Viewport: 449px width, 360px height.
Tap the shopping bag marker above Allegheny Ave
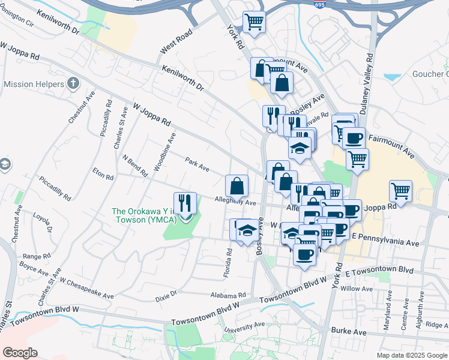pos(237,186)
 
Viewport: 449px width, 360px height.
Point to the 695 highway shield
pos(320,4)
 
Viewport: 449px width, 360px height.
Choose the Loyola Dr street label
pos(43,223)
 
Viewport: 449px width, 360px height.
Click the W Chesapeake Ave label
pos(86,289)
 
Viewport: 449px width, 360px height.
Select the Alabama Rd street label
pos(228,295)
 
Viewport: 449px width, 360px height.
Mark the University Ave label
pos(244,329)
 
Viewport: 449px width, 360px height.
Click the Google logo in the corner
pos(20,352)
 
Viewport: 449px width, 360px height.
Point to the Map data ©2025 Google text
pos(411,355)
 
